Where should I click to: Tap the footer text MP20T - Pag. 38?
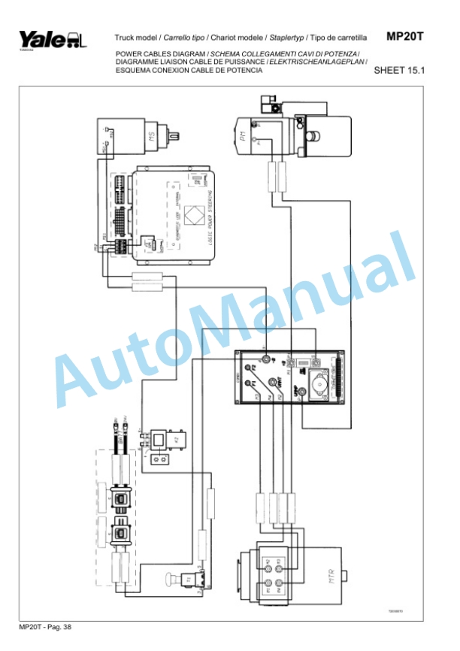[45, 626]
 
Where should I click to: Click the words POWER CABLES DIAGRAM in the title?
[159, 55]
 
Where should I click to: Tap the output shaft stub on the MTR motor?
[347, 576]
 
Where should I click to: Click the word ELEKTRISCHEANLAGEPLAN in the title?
[320, 62]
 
